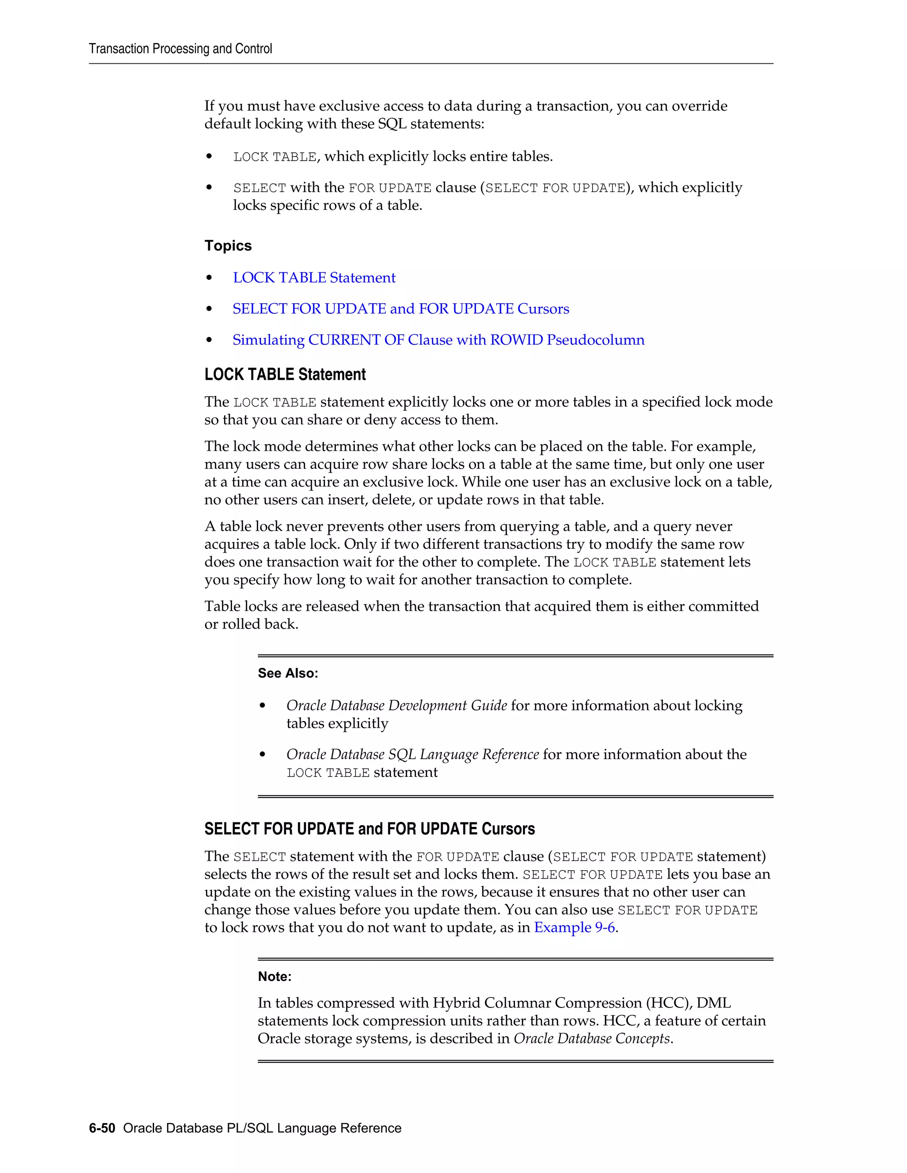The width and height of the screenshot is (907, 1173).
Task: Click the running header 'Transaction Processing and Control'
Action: click(x=181, y=49)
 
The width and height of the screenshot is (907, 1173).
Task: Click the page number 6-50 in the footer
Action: click(x=102, y=1128)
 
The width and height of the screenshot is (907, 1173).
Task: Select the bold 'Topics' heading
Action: click(x=228, y=246)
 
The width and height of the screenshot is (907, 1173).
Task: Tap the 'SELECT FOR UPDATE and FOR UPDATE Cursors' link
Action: click(x=401, y=309)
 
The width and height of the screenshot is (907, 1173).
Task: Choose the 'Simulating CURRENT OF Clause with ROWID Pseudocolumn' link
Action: click(x=438, y=340)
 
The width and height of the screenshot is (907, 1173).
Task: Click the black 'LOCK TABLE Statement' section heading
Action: click(x=285, y=374)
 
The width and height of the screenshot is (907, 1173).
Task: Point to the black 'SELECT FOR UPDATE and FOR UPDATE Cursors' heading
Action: click(x=370, y=829)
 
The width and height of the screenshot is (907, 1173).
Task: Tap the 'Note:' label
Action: click(x=275, y=976)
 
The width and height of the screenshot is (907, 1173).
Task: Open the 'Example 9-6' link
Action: click(x=574, y=927)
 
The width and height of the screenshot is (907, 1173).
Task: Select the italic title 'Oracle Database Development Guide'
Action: click(x=396, y=705)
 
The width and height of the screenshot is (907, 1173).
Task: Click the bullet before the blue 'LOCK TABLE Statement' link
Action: click(x=209, y=278)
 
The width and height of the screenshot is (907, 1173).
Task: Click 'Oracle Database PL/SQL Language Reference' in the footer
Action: click(x=262, y=1128)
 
